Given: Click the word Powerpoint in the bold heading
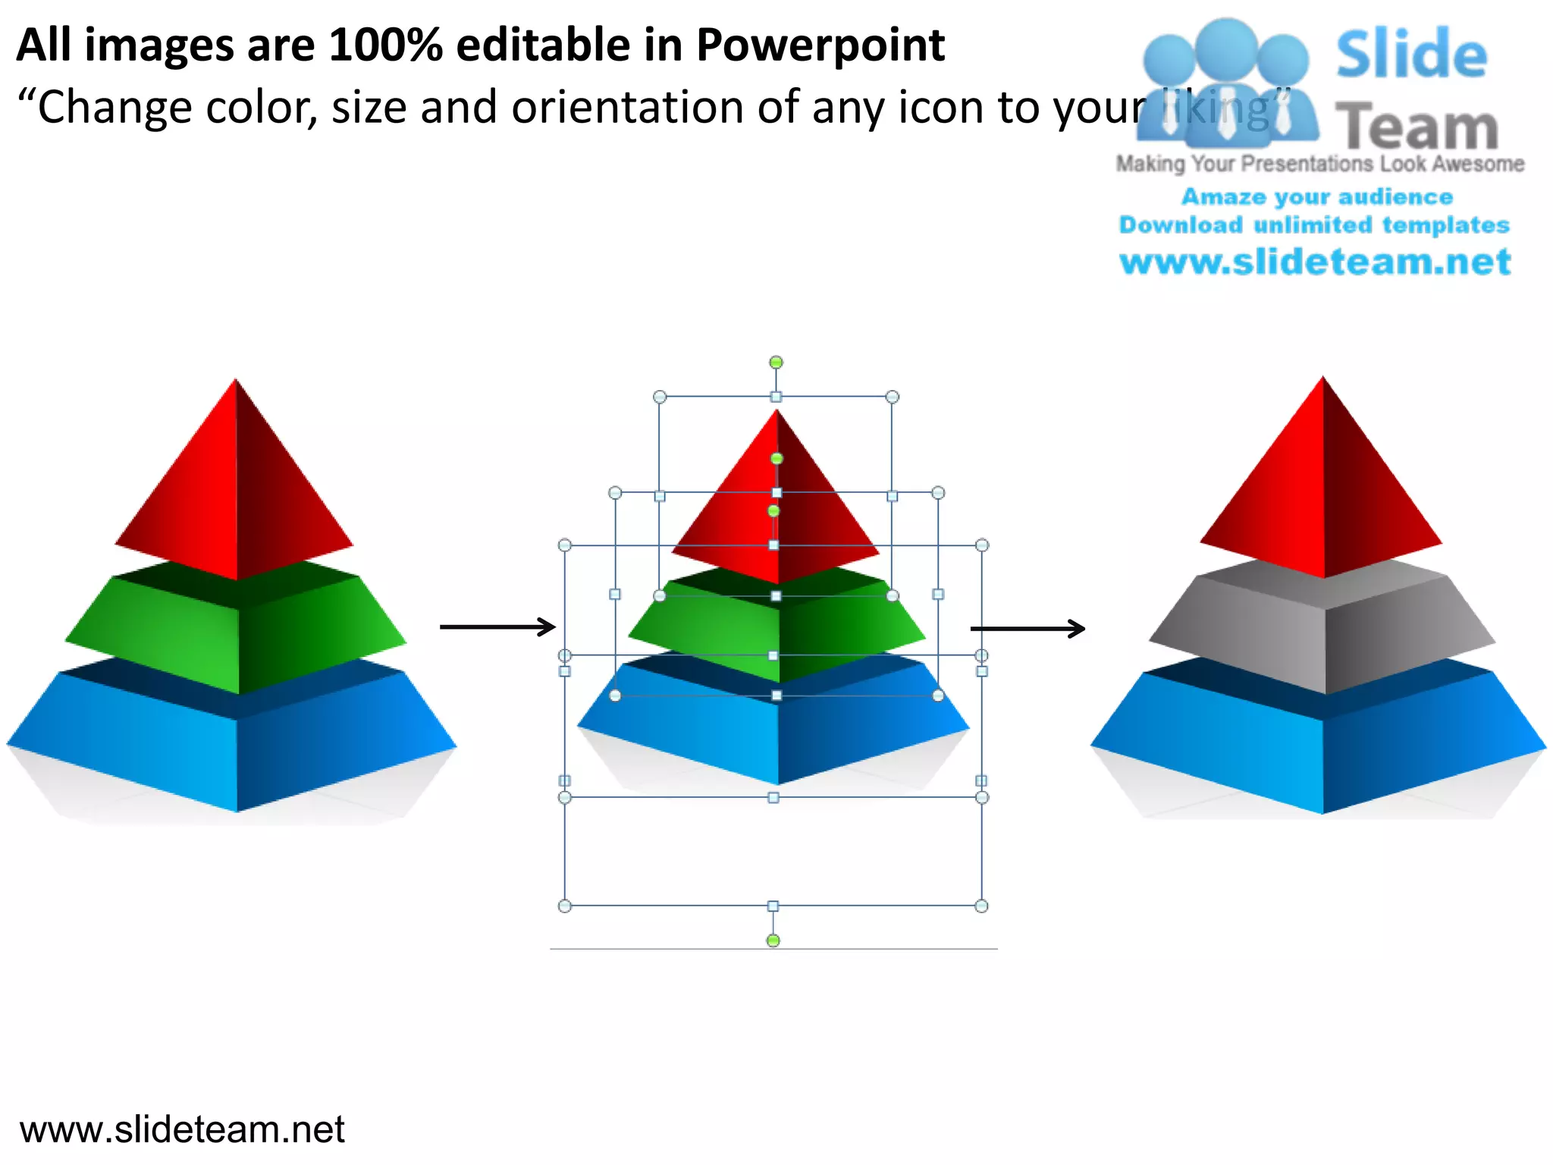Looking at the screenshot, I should (x=820, y=46).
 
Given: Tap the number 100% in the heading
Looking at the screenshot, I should (x=385, y=46).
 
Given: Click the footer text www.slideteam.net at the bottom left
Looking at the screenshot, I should (x=182, y=1129).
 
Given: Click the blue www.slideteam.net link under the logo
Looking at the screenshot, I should (x=1315, y=262).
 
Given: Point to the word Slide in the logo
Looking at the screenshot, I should (x=1410, y=55).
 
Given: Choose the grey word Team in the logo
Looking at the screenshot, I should (x=1417, y=127).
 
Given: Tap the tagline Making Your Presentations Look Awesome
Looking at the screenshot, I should (x=1319, y=164).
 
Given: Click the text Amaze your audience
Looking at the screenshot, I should (x=1317, y=197).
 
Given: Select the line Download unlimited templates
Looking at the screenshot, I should (x=1314, y=225).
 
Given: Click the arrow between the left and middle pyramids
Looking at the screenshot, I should (x=497, y=627).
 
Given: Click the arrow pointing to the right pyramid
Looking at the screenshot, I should (x=1027, y=629).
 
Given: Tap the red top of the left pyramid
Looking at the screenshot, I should (x=235, y=493).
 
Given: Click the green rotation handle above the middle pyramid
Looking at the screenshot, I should (x=776, y=363).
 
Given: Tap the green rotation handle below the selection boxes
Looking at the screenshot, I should (x=773, y=941).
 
